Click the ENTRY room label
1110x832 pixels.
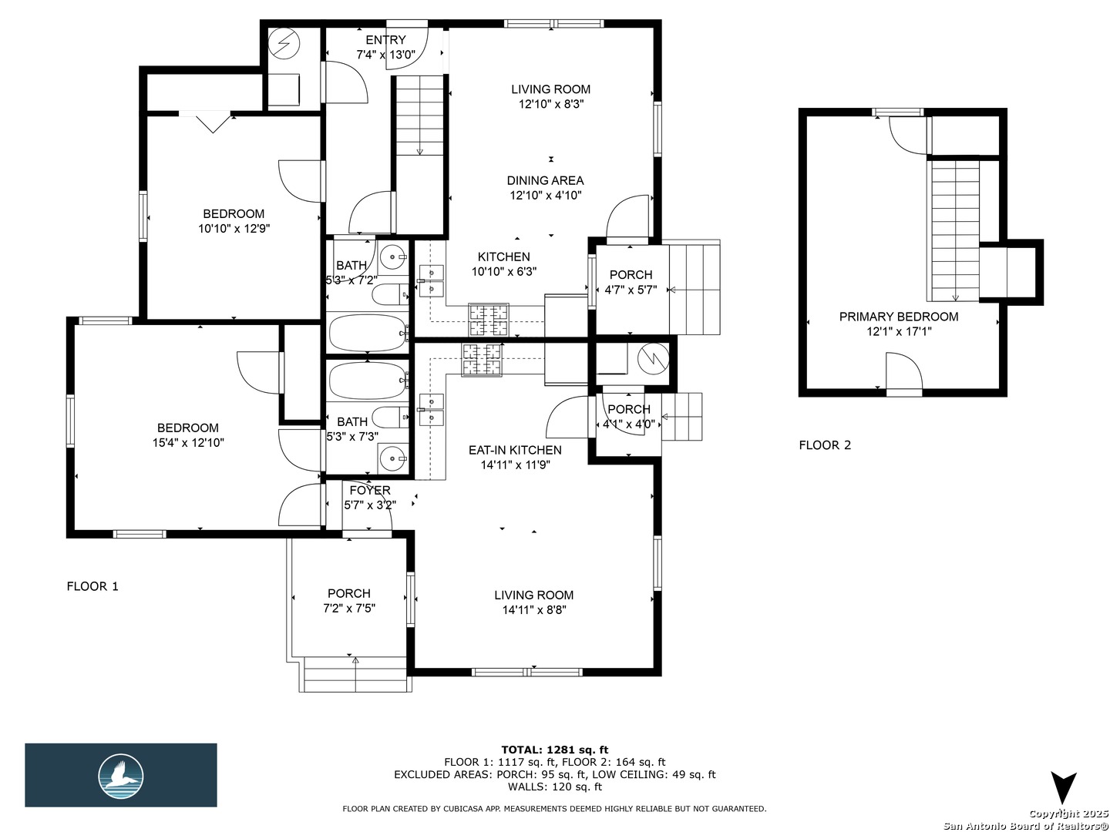[385, 40]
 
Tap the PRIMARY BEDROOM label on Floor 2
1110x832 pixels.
[899, 317]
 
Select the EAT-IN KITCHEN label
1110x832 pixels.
[515, 450]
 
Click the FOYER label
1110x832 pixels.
[370, 490]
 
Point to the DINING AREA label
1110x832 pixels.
[545, 180]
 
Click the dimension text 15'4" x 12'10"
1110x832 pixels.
[188, 443]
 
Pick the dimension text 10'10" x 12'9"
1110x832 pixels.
[234, 229]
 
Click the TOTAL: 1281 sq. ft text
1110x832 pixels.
[555, 750]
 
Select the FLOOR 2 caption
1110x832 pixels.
[825, 445]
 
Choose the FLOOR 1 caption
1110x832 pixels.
[92, 586]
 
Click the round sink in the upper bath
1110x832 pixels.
[393, 258]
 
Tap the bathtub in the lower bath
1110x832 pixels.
[368, 381]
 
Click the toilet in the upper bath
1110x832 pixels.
[390, 294]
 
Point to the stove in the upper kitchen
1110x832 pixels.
[489, 320]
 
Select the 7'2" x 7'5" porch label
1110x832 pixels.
[349, 609]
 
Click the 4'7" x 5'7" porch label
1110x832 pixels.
[631, 290]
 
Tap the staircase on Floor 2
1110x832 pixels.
[955, 231]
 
